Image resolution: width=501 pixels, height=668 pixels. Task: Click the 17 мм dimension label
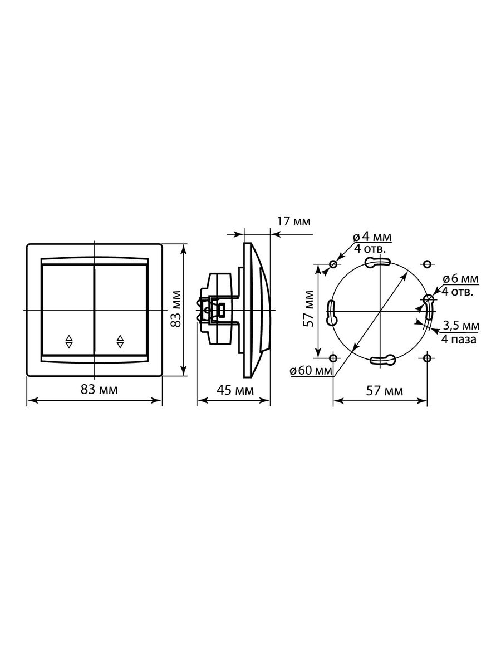click(x=293, y=222)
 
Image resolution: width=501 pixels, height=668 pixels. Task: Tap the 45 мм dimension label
click(x=235, y=390)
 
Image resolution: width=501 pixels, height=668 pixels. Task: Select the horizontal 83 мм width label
click(x=99, y=390)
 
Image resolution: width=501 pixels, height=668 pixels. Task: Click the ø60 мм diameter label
click(x=311, y=371)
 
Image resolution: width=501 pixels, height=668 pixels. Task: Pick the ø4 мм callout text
click(x=372, y=237)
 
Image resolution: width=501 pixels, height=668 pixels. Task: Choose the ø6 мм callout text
click(x=460, y=278)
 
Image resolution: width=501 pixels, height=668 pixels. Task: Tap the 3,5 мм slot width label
click(x=461, y=326)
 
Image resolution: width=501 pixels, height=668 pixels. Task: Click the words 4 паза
click(x=459, y=339)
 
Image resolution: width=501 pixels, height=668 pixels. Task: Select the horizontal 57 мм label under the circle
click(x=385, y=391)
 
